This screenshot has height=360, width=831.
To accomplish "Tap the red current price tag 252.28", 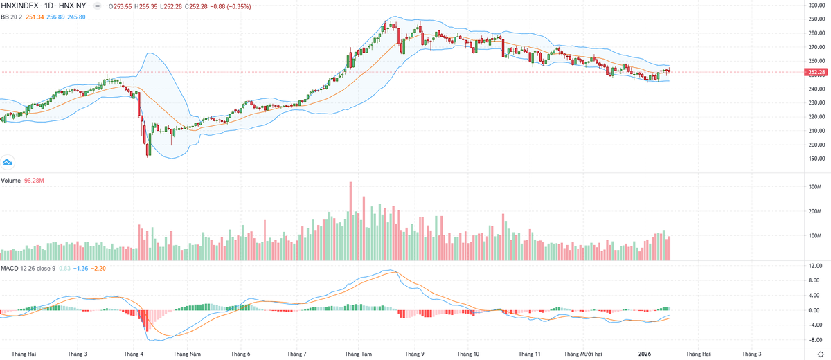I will (x=817, y=72).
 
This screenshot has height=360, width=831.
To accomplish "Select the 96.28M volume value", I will (x=34, y=181).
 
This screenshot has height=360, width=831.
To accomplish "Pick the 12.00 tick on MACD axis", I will (x=816, y=266).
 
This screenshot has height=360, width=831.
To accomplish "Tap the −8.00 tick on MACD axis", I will (x=815, y=340).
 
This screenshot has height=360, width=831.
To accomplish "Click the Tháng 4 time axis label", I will (x=134, y=354).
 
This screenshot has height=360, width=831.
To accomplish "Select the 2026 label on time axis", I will (x=645, y=354).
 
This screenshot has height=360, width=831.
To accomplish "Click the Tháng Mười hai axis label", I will (x=583, y=354).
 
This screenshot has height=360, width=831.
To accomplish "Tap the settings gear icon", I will (x=821, y=354).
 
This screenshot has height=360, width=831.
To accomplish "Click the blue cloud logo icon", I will (x=8, y=162).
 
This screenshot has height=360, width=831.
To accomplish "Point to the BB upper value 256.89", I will (x=61, y=16).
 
